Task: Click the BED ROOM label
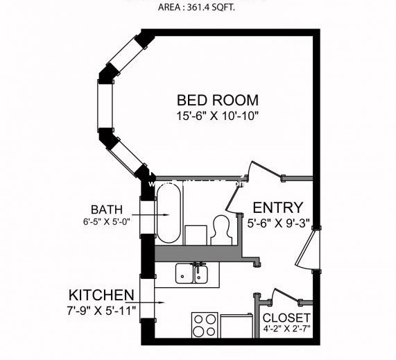point(217,100)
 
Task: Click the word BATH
point(106,209)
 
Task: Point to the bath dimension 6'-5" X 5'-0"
point(106,223)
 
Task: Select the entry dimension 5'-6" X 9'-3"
point(277,224)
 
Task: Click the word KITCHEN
point(101,293)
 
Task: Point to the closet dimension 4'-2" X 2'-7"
point(286,330)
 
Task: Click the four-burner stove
point(205,325)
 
